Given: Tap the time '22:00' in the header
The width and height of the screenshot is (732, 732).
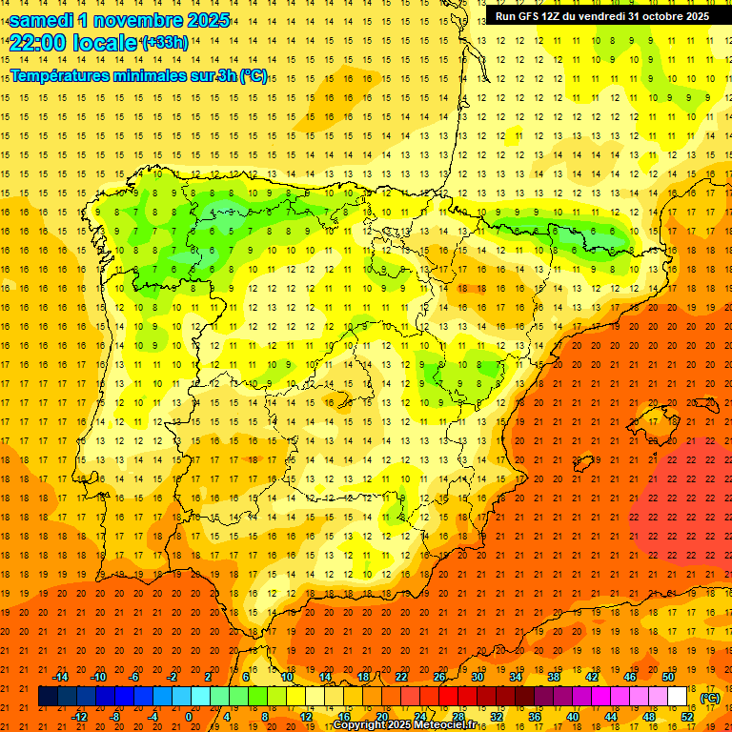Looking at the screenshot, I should pos(40,43).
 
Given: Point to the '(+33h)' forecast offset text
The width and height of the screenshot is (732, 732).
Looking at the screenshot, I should pos(165,43).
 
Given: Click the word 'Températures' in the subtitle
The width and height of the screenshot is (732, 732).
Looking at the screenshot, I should pos(62,75).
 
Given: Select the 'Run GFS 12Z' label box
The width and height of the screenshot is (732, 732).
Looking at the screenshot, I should pos(601,16).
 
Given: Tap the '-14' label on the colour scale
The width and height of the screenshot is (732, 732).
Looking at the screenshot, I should pos(61,677).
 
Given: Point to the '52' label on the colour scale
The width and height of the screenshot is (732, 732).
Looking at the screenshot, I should pos(687,717).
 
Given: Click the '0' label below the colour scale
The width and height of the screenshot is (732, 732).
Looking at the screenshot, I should pos(189,717).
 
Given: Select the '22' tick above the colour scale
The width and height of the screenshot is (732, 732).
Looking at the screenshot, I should pos(402,677).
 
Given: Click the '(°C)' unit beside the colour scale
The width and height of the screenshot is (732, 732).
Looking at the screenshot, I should pos(709,698).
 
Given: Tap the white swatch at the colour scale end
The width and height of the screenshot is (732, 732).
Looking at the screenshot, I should pos(677,697).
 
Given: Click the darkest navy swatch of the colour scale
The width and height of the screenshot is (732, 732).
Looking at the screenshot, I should pos(48,697).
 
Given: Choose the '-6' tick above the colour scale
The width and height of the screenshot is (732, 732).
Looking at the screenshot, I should pos(135,677).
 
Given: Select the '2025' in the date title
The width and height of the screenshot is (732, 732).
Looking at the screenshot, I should pos(202,20).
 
